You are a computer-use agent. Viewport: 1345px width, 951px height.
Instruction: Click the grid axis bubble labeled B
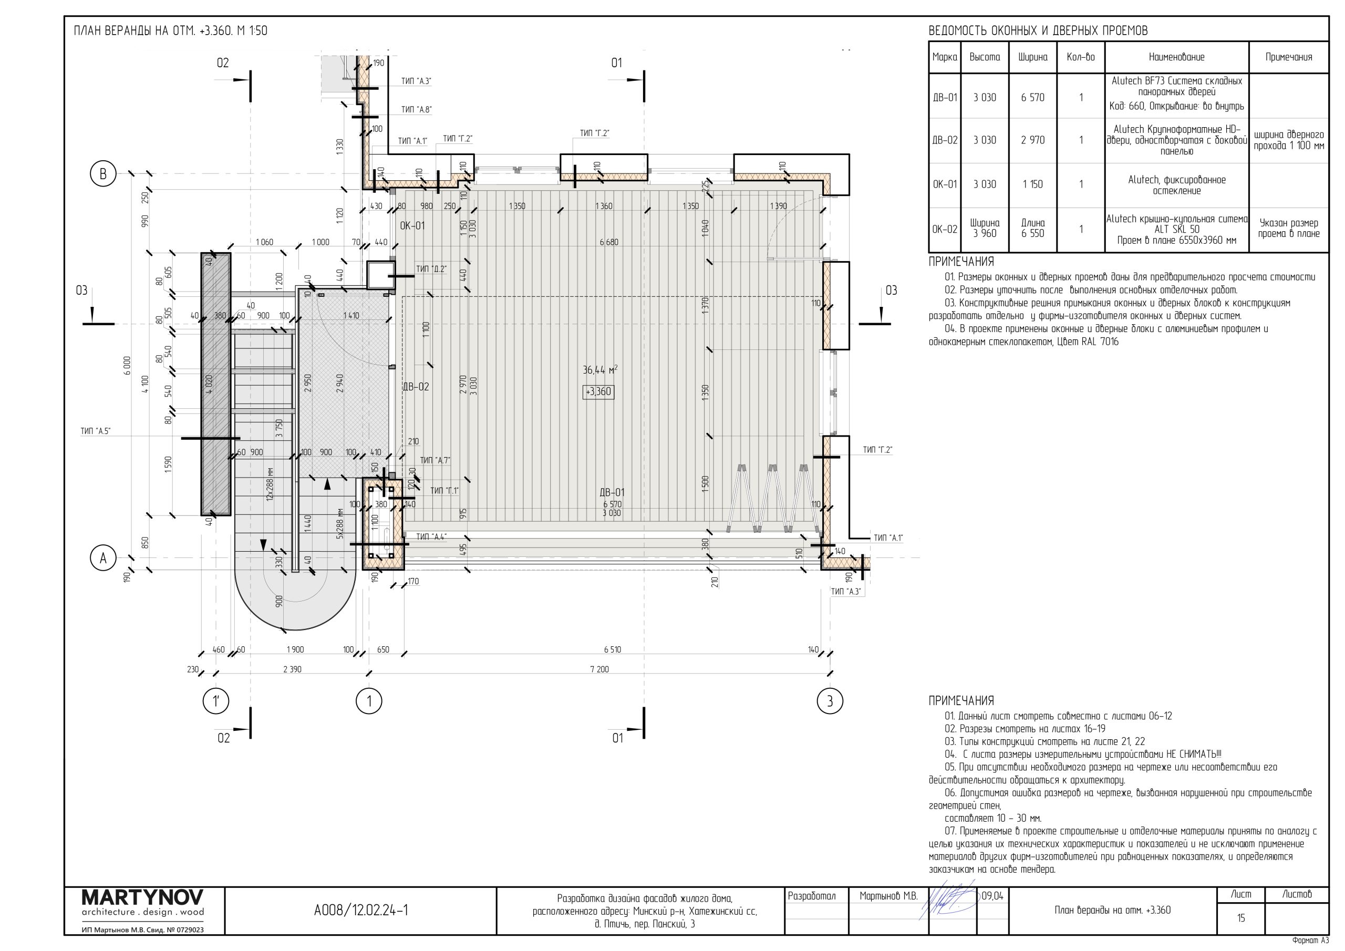103,174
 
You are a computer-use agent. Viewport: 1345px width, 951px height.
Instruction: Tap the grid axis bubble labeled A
103,558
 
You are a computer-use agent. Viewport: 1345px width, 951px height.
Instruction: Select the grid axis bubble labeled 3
830,701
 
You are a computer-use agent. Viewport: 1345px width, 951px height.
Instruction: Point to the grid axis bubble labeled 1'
215,701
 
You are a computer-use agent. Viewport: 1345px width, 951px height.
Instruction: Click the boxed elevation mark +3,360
598,392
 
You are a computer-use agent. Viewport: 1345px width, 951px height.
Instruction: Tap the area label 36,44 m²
600,370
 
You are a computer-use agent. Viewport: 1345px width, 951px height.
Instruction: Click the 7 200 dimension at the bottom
599,669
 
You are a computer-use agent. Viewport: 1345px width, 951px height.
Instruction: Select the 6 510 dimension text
613,650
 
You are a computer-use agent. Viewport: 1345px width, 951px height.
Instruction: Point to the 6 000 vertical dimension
128,366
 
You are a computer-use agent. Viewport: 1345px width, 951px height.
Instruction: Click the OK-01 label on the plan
412,225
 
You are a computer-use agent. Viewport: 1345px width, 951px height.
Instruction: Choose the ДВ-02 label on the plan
416,387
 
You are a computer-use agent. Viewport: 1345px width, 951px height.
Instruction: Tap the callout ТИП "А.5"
96,431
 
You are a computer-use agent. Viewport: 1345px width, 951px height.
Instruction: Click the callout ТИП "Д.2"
431,269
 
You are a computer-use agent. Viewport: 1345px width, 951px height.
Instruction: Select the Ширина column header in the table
1033,57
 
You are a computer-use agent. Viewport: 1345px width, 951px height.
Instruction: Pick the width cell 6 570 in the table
1033,97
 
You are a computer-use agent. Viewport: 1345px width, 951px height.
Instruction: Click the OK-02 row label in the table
945,229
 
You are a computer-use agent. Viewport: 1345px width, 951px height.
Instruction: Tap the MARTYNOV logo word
143,897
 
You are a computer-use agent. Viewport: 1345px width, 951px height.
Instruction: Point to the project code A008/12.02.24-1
361,910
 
